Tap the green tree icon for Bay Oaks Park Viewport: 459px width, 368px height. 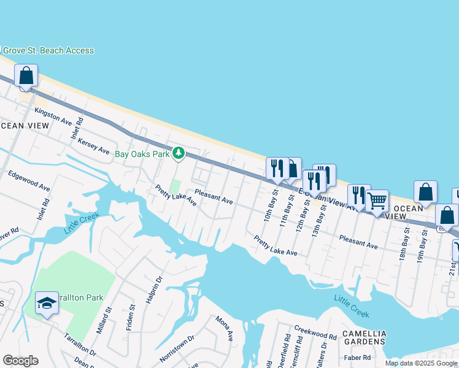click(x=179, y=153)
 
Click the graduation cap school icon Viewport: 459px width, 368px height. click(x=47, y=304)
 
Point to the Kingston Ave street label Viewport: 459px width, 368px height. click(x=53, y=115)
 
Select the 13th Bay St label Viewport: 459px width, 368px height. click(x=318, y=215)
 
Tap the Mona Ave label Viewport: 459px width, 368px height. click(x=225, y=328)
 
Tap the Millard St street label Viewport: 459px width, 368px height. click(x=101, y=321)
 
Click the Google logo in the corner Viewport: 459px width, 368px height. click(x=21, y=361)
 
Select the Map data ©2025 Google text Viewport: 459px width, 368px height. click(x=421, y=363)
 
